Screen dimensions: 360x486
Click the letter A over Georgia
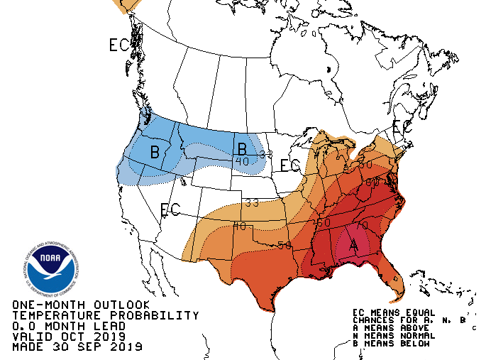[353, 245]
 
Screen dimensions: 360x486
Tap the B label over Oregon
[155, 151]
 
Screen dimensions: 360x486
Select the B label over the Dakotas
[242, 149]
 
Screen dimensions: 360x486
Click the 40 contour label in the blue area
[243, 162]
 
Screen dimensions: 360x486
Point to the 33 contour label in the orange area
[251, 202]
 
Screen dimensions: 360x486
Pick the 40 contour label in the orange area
[239, 227]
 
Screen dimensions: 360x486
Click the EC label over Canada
[119, 45]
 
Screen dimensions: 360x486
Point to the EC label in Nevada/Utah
[170, 210]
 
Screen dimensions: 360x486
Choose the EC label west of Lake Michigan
[291, 166]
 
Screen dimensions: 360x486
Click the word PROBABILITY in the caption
[152, 315]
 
